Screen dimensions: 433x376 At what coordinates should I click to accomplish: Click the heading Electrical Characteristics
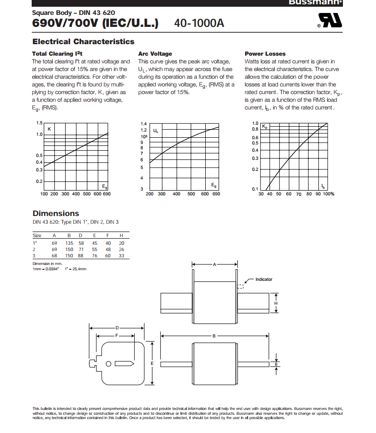click(x=83, y=42)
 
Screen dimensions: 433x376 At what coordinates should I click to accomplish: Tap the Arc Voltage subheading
click(x=154, y=54)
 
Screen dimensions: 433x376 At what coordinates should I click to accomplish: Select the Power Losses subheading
click(x=265, y=54)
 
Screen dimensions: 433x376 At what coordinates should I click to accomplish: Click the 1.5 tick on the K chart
click(x=39, y=123)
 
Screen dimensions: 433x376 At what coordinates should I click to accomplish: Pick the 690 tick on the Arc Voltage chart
click(x=216, y=194)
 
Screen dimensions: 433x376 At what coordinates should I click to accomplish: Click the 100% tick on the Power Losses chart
click(x=328, y=194)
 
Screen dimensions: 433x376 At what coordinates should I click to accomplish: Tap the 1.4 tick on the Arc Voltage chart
click(x=143, y=124)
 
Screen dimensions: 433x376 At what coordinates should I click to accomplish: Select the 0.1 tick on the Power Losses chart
click(x=255, y=189)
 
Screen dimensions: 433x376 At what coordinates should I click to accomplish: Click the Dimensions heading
click(x=56, y=214)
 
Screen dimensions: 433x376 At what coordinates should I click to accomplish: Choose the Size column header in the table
click(x=37, y=235)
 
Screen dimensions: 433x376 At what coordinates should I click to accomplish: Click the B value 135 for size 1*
click(x=69, y=243)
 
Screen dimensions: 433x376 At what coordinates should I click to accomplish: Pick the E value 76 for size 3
click(x=94, y=255)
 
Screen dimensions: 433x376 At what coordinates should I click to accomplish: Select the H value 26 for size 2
click(x=121, y=249)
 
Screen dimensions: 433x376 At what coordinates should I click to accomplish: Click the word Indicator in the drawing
click(x=264, y=279)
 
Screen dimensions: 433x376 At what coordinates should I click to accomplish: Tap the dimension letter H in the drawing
click(x=275, y=303)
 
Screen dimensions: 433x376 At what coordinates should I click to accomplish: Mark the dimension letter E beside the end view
click(x=152, y=363)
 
